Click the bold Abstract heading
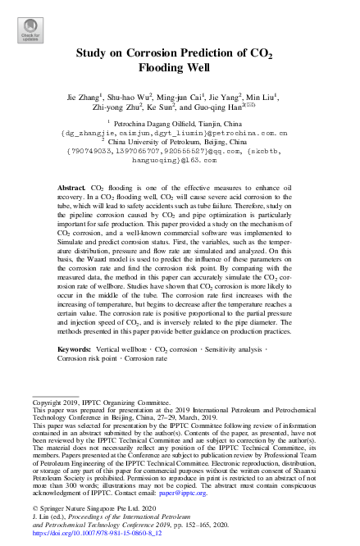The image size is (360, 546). (71, 189)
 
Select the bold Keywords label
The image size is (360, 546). (74, 372)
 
